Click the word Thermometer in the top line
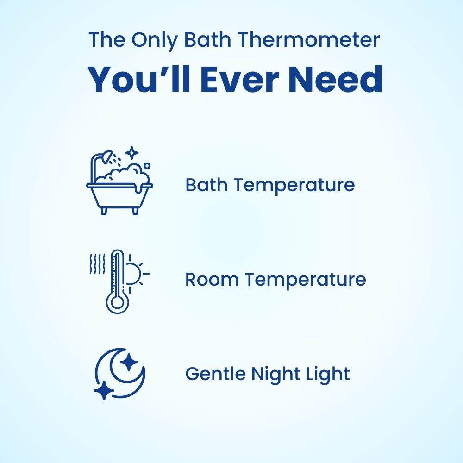[309, 40]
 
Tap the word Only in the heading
[153, 40]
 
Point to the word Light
[328, 374]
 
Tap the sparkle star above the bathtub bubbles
[132, 152]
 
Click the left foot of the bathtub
[104, 211]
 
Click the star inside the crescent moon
[130, 362]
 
